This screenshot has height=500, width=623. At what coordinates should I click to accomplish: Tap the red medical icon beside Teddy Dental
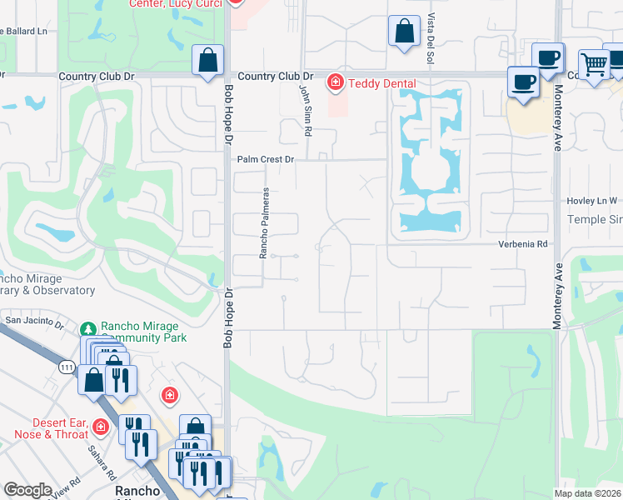click(335, 82)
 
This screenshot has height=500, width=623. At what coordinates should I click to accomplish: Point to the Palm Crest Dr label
click(267, 159)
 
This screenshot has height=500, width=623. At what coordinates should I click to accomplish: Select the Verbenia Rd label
click(523, 244)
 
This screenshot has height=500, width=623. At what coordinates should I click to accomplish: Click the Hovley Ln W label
click(591, 201)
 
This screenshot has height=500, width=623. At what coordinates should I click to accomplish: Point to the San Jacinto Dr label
click(34, 320)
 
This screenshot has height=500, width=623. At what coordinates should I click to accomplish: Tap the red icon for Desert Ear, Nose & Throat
click(101, 427)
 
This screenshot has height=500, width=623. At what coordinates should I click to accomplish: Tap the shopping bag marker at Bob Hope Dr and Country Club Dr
click(207, 60)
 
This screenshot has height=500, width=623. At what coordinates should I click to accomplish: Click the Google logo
click(27, 491)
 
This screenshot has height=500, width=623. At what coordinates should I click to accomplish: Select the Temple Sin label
click(594, 219)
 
